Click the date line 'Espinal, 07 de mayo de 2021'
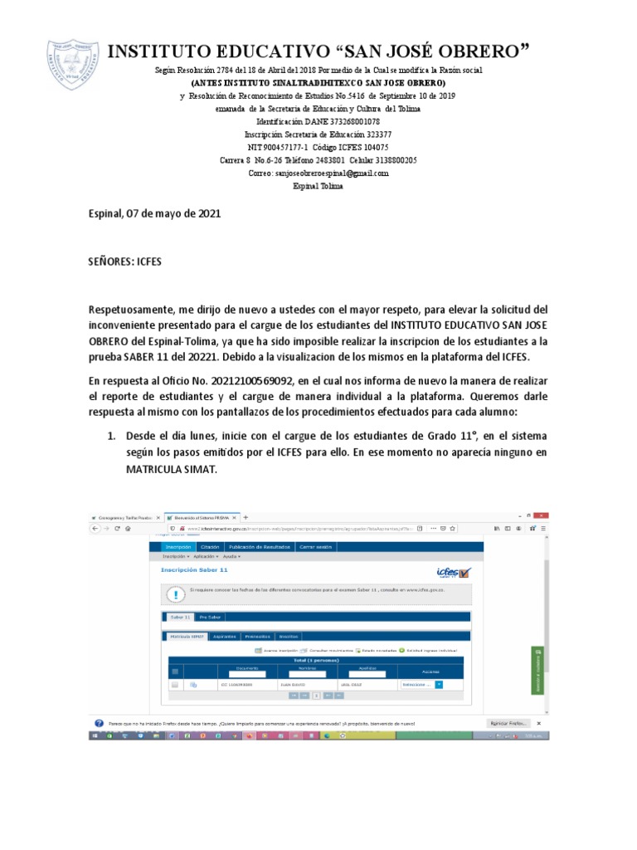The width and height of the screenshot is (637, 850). (x=154, y=213)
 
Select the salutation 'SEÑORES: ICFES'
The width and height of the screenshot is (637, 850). (x=125, y=261)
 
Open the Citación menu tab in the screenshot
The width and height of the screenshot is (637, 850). (x=210, y=547)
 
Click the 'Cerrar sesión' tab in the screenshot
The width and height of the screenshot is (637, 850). (x=315, y=547)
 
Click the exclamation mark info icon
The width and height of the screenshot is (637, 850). (x=175, y=594)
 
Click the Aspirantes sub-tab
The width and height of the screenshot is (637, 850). (x=224, y=636)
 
